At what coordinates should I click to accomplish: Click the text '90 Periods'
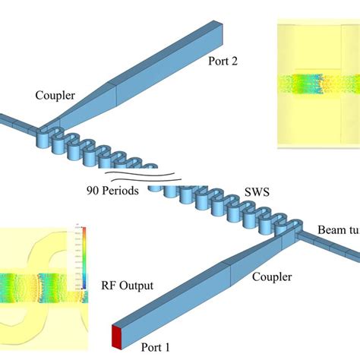(x=113, y=191)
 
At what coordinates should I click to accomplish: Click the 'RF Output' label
(x=127, y=286)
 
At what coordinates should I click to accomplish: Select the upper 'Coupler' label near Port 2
(x=54, y=96)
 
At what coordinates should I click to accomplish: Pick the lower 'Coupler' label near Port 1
(x=273, y=278)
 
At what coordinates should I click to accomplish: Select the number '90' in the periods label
(x=90, y=191)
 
